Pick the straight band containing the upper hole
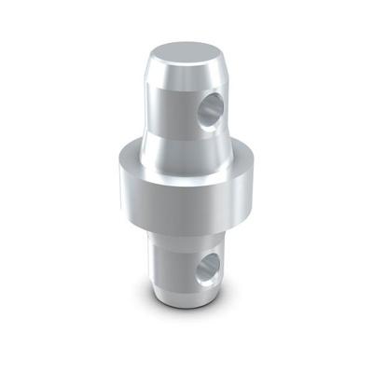click(173, 107)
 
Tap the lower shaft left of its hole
click(173, 266)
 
